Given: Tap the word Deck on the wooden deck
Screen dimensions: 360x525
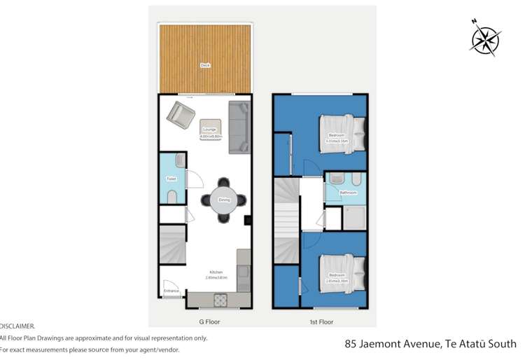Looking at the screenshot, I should (205, 65).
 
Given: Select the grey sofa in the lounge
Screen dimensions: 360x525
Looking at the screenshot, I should (239, 127).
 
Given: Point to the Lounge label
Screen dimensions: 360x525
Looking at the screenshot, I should (209, 130).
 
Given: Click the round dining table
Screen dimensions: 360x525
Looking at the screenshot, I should (224, 200).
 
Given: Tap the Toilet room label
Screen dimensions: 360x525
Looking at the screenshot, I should (171, 179).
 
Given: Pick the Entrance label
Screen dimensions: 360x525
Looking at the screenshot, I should (171, 291).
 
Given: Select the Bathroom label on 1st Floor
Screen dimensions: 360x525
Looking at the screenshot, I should (349, 193).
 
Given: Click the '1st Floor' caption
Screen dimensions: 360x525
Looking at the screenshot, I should (322, 322).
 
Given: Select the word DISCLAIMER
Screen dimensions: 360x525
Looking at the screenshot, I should (17, 326).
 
